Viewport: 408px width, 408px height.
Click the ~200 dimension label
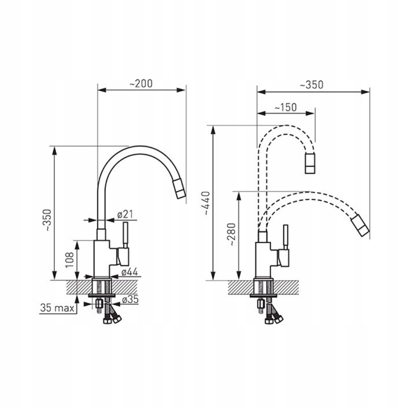[141, 84]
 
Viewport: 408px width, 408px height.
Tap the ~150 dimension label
[285, 107]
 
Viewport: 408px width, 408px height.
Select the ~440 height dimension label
[207, 203]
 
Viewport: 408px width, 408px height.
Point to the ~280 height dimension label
[231, 234]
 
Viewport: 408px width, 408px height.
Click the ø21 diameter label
[125, 214]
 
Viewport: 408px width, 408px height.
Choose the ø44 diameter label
[129, 272]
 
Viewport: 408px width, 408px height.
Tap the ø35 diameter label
[130, 300]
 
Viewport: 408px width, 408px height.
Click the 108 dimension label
[69, 259]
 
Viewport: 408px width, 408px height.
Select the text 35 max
[57, 308]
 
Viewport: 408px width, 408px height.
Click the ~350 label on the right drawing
[312, 85]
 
